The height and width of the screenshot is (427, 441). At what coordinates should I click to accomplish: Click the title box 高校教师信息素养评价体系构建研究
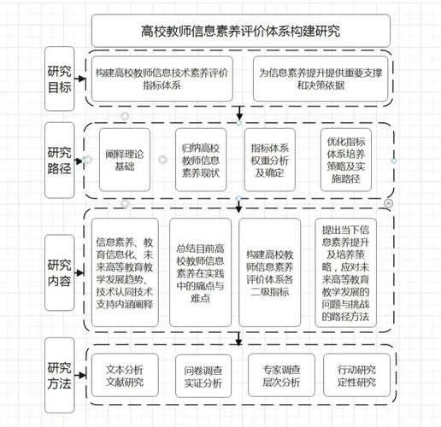[x=240, y=32]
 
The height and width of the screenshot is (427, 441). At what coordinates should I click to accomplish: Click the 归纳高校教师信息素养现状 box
[x=203, y=160]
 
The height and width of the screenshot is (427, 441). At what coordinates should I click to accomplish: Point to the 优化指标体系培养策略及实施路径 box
[x=346, y=160]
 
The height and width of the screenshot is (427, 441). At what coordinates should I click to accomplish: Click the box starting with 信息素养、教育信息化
[x=126, y=272]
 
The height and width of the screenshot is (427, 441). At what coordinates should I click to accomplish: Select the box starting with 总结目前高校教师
[x=201, y=272]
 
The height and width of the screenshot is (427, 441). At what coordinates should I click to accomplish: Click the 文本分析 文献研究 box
[x=124, y=376]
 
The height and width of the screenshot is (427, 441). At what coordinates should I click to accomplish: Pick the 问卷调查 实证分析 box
[x=202, y=376]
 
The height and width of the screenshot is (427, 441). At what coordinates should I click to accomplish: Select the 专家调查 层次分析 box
[x=277, y=376]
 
